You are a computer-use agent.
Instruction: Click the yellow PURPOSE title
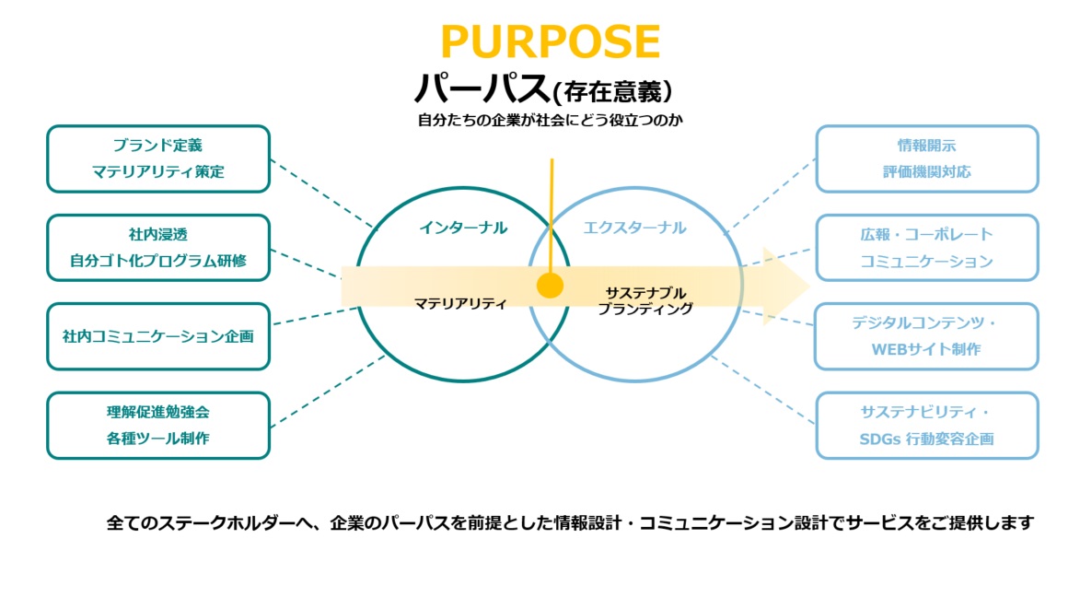550,42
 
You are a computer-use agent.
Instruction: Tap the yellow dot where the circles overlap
550,286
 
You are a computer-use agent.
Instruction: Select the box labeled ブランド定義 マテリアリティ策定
158,158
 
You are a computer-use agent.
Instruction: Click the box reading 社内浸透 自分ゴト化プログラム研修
158,248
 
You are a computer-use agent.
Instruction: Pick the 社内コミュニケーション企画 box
158,336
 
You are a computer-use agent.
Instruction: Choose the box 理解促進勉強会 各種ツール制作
158,425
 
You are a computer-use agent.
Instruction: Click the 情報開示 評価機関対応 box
927,158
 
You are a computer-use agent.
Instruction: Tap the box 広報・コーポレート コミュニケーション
927,248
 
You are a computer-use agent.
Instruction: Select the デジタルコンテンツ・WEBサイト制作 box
927,336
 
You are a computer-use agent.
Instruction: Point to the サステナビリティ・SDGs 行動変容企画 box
927,425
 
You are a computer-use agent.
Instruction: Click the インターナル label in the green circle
463,228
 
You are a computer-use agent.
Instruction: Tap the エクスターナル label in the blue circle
635,228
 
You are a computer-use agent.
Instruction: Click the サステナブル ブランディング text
645,301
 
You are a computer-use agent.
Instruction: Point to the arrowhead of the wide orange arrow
787,286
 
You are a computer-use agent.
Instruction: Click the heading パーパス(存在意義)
543,89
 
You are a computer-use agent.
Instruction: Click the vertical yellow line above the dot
551,212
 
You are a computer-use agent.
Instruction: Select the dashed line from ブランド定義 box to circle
322,193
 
